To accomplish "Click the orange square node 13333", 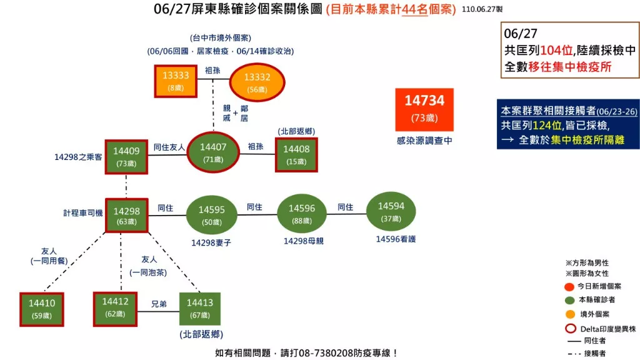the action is click(176, 81).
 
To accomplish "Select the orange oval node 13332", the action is click(257, 82).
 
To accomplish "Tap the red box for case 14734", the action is click(424, 109).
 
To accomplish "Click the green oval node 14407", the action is click(213, 152).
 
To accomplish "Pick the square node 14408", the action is click(296, 155).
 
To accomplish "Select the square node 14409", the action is click(126, 157).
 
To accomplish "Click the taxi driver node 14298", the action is click(126, 216).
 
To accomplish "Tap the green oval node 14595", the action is click(211, 215).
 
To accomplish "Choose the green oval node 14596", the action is click(302, 214).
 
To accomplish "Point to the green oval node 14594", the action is click(391, 211).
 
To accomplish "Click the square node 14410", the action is click(42, 309).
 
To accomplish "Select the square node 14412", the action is click(115, 309).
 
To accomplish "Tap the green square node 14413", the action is click(200, 309).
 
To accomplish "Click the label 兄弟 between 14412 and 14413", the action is click(159, 304).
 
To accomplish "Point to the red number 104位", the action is click(557, 50).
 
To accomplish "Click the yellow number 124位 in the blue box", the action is click(547, 125).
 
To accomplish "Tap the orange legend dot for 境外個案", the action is click(570, 314).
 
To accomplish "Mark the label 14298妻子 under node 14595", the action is click(211, 243).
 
